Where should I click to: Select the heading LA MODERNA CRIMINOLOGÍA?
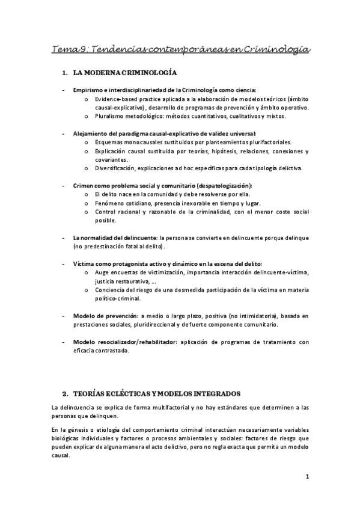pyautogui.click(x=124, y=73)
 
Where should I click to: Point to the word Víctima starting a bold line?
pyautogui.click(x=83, y=263)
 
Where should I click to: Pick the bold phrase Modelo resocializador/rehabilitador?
pyautogui.click(x=124, y=342)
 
